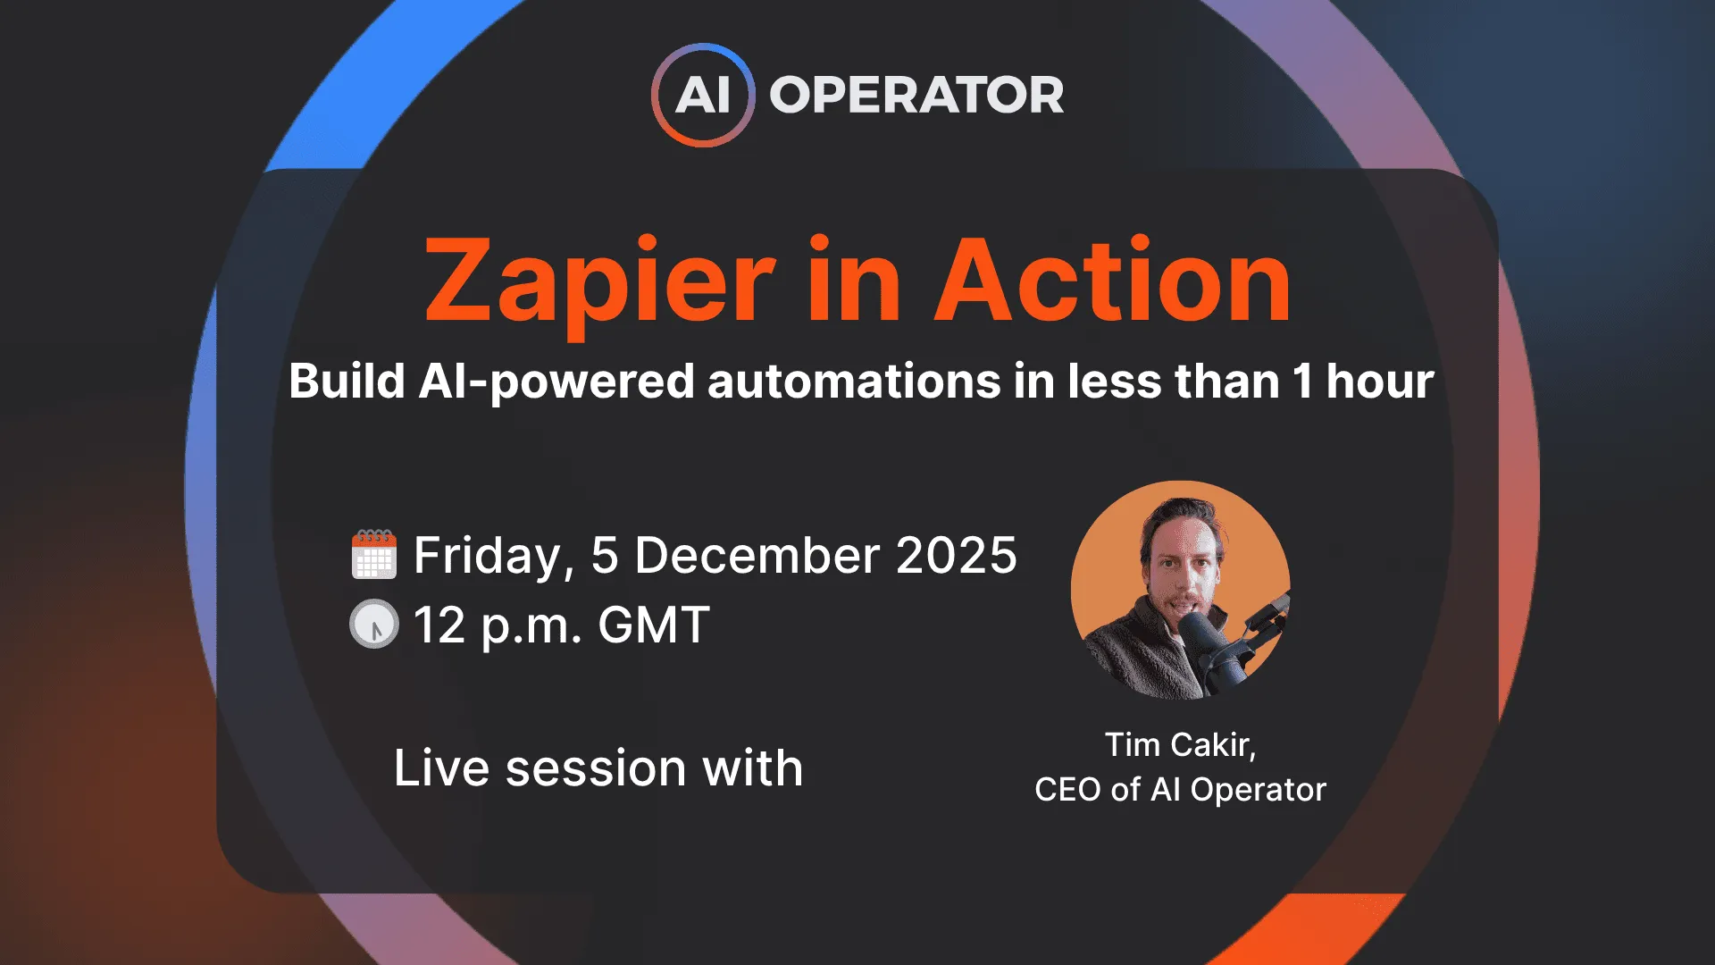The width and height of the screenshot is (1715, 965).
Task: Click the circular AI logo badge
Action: (x=703, y=95)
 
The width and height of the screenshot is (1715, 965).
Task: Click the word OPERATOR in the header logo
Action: (x=916, y=95)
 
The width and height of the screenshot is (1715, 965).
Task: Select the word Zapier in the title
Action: (x=599, y=281)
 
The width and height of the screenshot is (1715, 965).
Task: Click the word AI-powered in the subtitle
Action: (x=556, y=382)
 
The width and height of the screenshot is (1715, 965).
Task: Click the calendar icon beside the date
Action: (x=374, y=555)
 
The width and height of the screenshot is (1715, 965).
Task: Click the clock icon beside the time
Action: (x=373, y=624)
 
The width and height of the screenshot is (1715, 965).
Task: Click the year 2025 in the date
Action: (x=956, y=556)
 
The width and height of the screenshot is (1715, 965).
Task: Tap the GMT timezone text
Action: (x=654, y=625)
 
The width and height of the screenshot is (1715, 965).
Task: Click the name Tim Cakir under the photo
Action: (x=1180, y=744)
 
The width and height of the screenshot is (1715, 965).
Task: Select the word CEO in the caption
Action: (x=1067, y=790)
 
